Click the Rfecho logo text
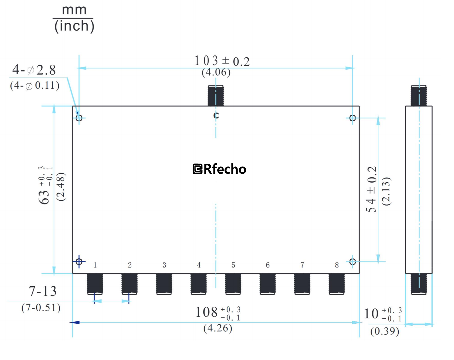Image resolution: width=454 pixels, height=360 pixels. coord(219,169)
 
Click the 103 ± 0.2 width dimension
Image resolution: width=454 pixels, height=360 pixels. coord(221,61)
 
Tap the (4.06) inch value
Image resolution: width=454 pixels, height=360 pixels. coord(216,72)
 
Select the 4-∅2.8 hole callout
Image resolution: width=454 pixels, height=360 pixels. coord(34,70)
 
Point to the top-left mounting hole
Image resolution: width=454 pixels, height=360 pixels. coord(79,118)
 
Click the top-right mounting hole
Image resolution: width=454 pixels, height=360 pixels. coord(353,118)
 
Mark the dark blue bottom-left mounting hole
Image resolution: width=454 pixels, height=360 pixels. coord(79,262)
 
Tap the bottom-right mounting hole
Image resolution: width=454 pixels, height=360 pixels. coord(353,262)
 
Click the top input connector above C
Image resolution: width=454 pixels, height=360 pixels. coord(216,95)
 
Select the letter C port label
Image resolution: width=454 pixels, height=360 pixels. coord(216,115)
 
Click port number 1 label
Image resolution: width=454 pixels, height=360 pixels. coord(95,265)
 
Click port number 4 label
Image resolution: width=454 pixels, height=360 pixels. coord(199,265)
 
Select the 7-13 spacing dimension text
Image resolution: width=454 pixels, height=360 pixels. coord(42,291)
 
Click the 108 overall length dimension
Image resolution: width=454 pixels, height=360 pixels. coord(218,313)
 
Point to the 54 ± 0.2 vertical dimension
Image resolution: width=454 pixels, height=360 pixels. coord(371,189)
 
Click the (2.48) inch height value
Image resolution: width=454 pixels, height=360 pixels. coord(61,187)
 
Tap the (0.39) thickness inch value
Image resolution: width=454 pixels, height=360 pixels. coord(385,331)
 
